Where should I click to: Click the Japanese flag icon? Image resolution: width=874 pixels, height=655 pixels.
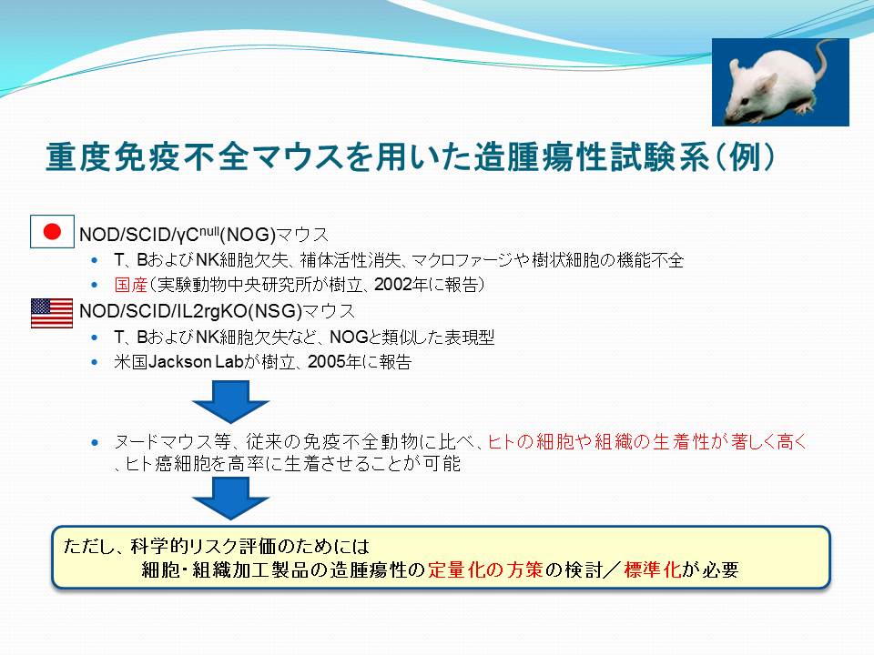(x=52, y=231)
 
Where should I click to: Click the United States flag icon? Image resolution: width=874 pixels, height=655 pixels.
(x=52, y=313)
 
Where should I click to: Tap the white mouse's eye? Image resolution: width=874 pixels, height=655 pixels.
(x=747, y=100)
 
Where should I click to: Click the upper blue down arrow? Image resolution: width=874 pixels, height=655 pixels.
(x=230, y=401)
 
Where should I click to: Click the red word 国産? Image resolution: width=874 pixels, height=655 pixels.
(x=130, y=285)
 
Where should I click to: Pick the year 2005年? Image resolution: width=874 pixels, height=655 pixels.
(x=334, y=362)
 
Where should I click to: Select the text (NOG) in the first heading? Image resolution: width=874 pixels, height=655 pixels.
(x=248, y=235)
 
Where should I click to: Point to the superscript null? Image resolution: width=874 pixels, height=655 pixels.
(x=209, y=227)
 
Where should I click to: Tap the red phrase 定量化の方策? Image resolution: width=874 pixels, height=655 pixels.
(x=485, y=569)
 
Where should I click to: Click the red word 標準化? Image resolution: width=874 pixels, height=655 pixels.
(x=652, y=569)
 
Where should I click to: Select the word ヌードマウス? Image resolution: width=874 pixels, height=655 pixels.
(x=172, y=442)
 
